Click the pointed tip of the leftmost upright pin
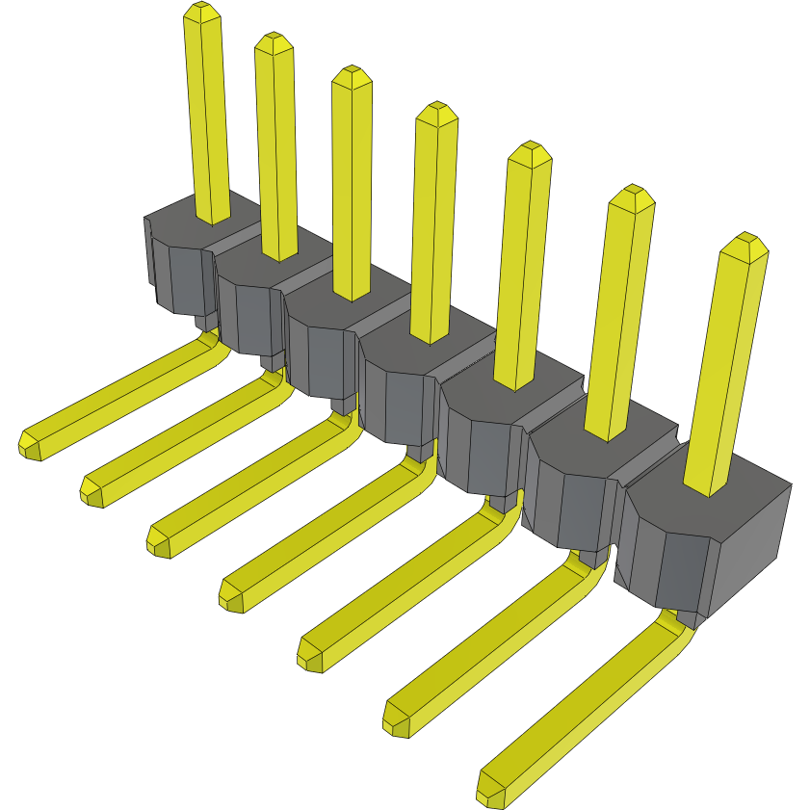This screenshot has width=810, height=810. pyautogui.click(x=200, y=12)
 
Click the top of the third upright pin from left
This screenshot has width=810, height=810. pyautogui.click(x=351, y=75)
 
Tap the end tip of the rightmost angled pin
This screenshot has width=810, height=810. pyautogui.click(x=489, y=793)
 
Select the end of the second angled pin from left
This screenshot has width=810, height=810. pyautogui.click(x=92, y=491)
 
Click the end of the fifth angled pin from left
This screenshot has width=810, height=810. pyautogui.click(x=310, y=656)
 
